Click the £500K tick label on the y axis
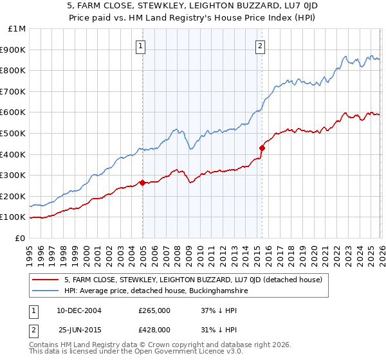(x=13, y=133)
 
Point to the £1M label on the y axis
(x=16, y=29)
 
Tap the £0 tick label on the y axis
(x=19, y=238)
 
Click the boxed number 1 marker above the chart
(x=140, y=46)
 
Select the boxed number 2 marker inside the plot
(x=260, y=46)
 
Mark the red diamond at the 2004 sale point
(x=142, y=183)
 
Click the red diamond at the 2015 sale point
(x=262, y=148)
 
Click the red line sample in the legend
(x=45, y=280)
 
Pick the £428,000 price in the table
(x=154, y=329)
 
